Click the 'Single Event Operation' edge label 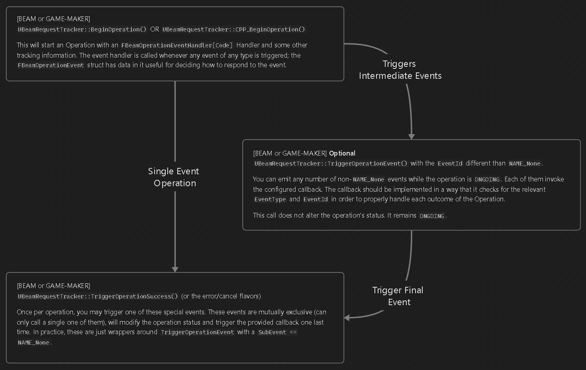click(x=174, y=177)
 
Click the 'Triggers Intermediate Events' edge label click(x=400, y=70)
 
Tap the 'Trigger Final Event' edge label click(x=398, y=296)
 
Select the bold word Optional click(x=342, y=153)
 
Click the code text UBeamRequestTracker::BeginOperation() click(x=82, y=29)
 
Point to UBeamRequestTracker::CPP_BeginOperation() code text click(x=233, y=29)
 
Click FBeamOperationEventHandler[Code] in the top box click(x=177, y=45)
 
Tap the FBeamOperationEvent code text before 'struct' click(x=51, y=65)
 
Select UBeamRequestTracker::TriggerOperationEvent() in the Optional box click(x=331, y=164)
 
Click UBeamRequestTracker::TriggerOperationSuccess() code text click(x=98, y=296)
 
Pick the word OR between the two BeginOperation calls click(x=155, y=29)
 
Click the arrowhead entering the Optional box click(x=412, y=136)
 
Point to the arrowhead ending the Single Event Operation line click(x=175, y=269)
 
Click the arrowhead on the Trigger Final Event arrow click(x=347, y=318)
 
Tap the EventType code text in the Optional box click(x=270, y=199)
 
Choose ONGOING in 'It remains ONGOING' click(x=432, y=216)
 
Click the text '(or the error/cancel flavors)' click(x=221, y=296)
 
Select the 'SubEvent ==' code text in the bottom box click(x=278, y=332)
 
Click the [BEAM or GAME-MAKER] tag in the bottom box click(x=53, y=286)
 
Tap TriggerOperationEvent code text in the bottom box click(x=197, y=332)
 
